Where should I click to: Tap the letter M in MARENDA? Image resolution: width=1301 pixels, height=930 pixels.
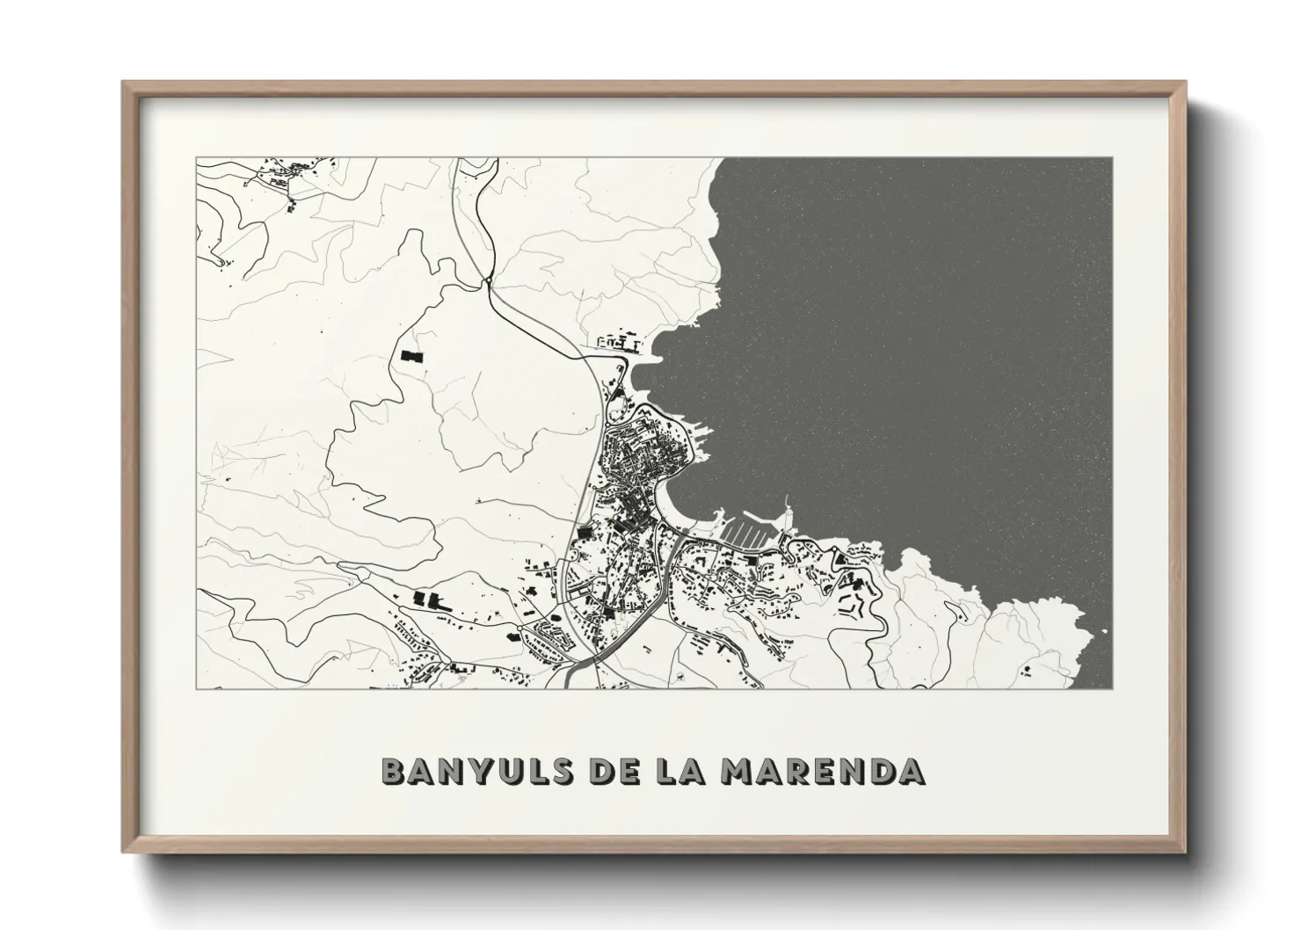pos(737,771)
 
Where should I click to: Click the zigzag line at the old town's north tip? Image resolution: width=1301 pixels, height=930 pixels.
pos(644,412)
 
